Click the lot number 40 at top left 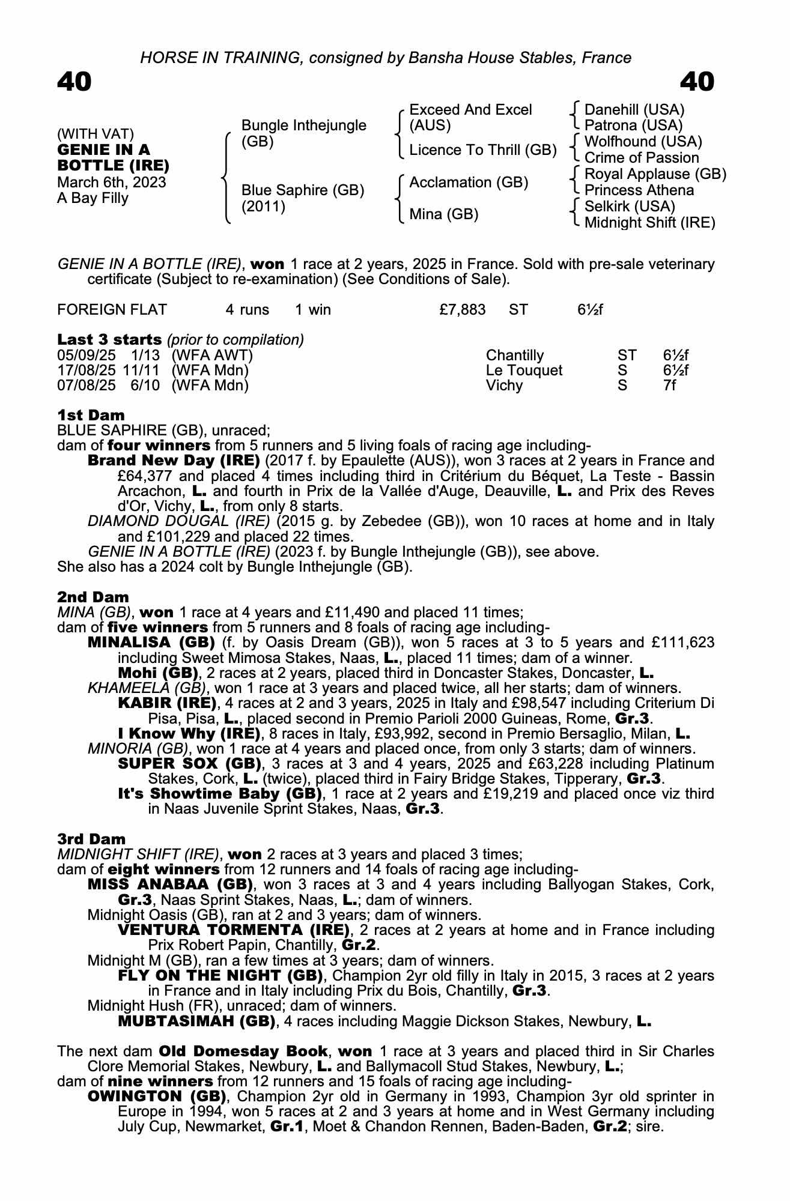coord(74,82)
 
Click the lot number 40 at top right coord(697,82)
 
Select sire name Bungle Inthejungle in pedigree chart coord(303,126)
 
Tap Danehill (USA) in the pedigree coord(634,110)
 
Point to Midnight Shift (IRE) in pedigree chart coord(649,223)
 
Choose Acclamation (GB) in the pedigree coord(469,183)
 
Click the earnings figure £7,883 coord(462,310)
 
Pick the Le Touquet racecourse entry coord(524,371)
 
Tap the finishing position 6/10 coord(145,386)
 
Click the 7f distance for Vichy coord(669,386)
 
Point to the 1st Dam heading coord(91,415)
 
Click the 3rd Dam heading coord(92,839)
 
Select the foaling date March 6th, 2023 coord(112,183)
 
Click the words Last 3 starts coord(109,340)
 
